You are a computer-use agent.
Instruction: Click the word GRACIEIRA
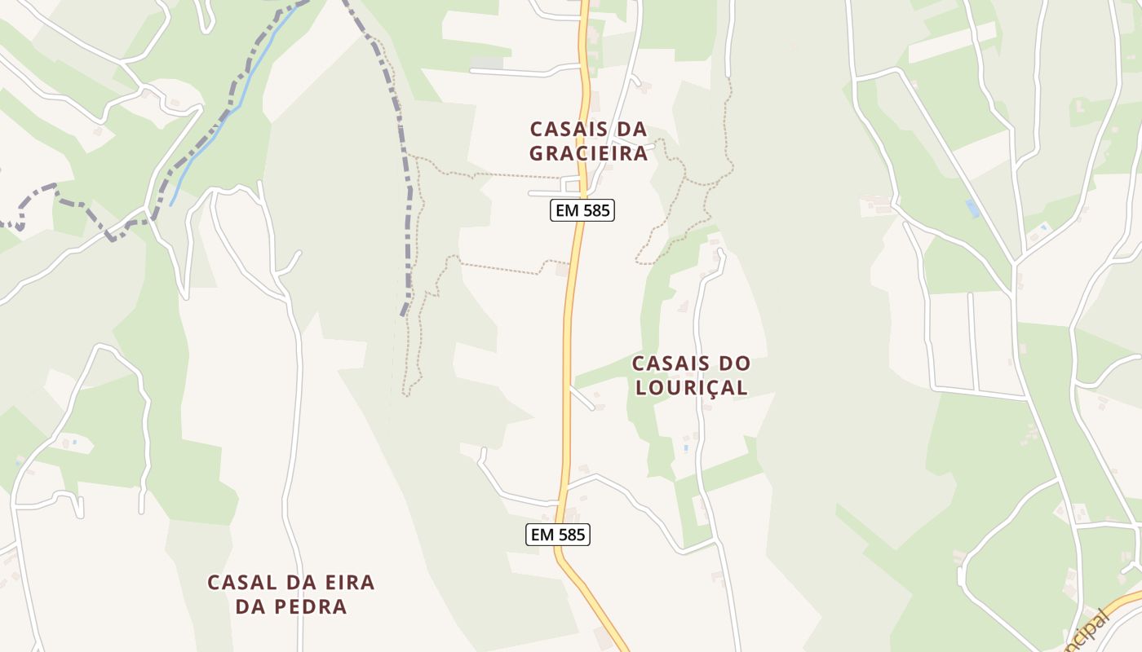click(x=588, y=153)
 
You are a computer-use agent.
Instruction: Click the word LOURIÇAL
click(x=691, y=388)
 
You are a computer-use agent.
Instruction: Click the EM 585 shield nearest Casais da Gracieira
click(x=582, y=210)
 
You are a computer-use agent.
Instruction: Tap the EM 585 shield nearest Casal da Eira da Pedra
click(x=557, y=535)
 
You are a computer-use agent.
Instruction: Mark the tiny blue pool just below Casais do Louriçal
click(x=686, y=447)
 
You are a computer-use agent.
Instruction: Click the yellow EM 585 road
click(x=569, y=342)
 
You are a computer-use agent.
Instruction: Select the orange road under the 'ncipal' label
click(x=1122, y=606)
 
